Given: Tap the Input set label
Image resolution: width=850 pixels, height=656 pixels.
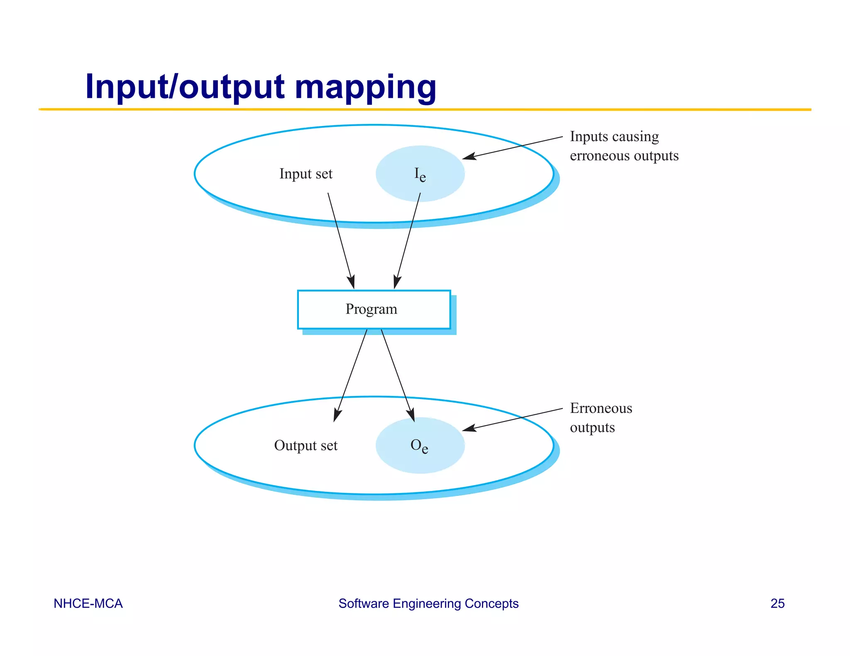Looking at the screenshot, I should pos(306,174).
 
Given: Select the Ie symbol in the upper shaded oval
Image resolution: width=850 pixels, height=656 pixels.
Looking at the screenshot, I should pos(420,174).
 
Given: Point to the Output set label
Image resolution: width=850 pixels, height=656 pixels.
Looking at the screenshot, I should pos(306,445).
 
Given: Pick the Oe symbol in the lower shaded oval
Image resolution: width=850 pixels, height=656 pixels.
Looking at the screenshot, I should pos(419,446).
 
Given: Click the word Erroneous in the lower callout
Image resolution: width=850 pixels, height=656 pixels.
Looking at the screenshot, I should pos(601,408).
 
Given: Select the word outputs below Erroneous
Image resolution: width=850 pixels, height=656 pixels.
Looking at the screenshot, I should pos(592,428).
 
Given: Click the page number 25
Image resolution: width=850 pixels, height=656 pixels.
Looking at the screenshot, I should pos(777,603).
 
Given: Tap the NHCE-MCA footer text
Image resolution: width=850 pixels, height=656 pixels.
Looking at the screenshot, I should pos(88,603).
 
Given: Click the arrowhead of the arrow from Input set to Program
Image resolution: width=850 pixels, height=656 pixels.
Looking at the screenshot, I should pos(352,284).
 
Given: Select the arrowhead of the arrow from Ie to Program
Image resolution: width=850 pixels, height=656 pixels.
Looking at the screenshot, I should pos(396,284).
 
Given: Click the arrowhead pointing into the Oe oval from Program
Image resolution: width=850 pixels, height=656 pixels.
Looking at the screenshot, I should pos(412,416).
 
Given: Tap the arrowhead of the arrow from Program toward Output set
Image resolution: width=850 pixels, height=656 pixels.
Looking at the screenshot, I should pos(336,417).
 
